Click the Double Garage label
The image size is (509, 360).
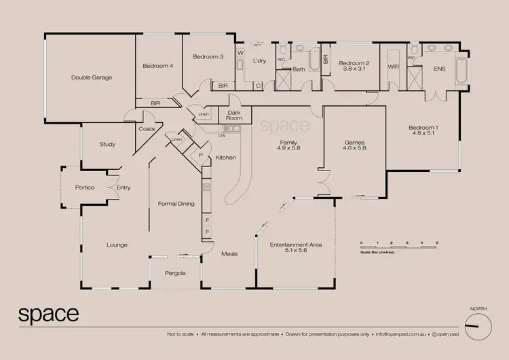coord(92,77)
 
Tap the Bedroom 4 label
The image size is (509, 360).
coord(158,66)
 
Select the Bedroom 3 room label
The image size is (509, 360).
coord(207,56)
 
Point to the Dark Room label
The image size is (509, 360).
coord(234,115)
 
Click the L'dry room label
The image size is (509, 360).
coord(259,61)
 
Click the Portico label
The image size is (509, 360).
coord(85,187)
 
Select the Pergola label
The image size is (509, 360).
coord(176,273)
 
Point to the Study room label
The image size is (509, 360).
coord(107,144)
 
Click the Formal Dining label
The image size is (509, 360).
coord(176,204)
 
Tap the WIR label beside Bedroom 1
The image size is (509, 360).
coord(392,68)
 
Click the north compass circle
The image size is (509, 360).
coord(478,323)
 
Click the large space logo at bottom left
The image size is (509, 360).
coord(48,314)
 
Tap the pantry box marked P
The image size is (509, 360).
coord(201,156)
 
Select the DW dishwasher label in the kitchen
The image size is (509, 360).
coord(222,136)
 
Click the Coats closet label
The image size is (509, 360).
coord(147,128)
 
